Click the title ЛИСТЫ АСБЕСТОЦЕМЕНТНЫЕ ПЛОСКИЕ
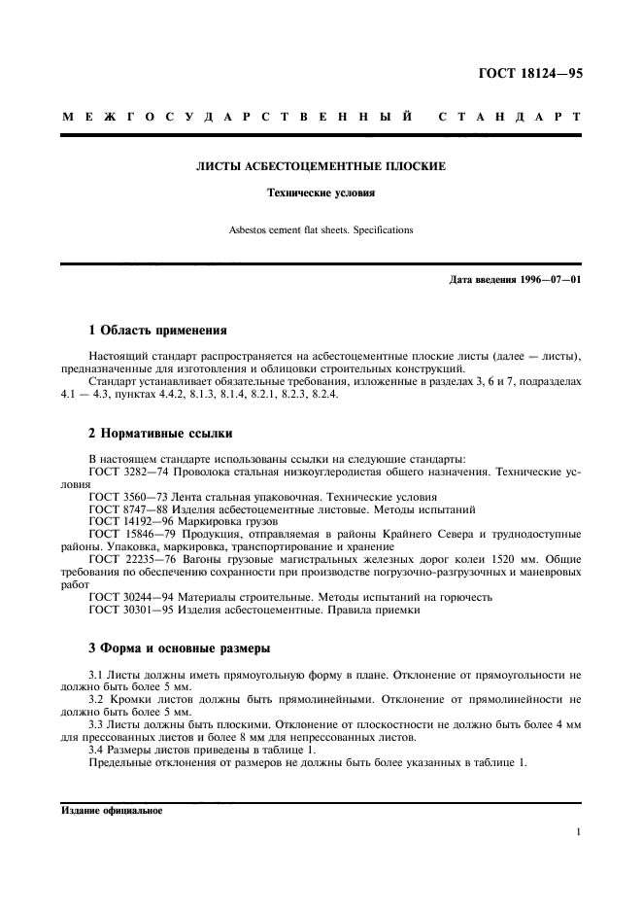321,166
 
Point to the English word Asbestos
249,230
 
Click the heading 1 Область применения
157,330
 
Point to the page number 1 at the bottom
578,832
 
